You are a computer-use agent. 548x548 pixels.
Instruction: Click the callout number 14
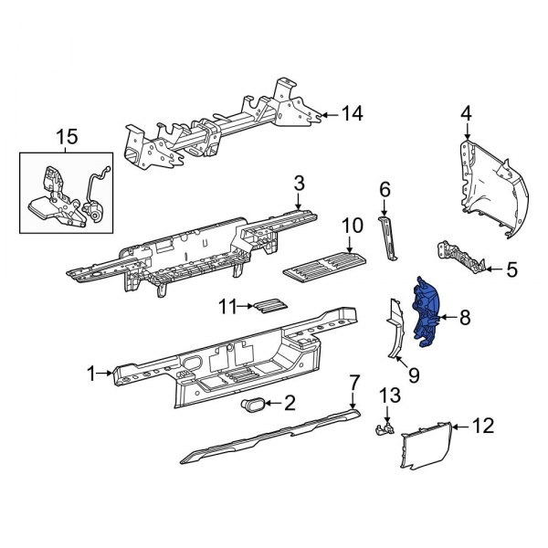[x=352, y=113]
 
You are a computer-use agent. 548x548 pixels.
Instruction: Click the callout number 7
[x=353, y=382]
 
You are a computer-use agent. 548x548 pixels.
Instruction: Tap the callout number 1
[x=90, y=373]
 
